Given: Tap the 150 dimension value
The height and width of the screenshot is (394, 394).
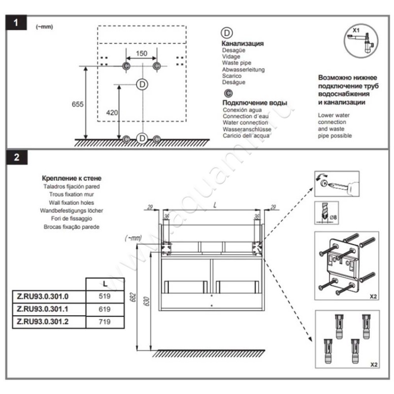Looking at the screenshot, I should coord(141,54).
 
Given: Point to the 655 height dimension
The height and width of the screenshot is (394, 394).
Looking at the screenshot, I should coord(77,104).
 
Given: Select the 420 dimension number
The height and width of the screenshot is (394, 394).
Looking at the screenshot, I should coord(112,113).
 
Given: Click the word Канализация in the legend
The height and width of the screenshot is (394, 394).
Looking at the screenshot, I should coord(243,43).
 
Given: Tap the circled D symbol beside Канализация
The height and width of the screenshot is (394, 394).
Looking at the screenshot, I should coord(227,33).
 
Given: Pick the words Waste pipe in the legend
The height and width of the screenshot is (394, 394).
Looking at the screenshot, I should coord(236,63).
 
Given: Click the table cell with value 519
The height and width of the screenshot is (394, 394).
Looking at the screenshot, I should coord(103,297).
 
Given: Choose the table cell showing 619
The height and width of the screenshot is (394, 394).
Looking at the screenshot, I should coord(103,309).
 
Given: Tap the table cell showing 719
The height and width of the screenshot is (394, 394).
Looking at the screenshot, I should coord(103,322).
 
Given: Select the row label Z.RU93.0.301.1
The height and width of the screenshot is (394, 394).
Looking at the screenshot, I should coord(47,309).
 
